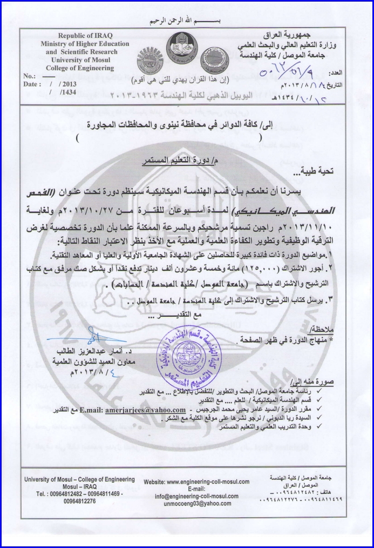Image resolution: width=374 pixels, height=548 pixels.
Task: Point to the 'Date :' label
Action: tap(32, 85)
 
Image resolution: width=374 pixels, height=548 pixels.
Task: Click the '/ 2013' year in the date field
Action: tap(63, 85)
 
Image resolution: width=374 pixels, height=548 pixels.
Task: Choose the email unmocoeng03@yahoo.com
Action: tap(197, 503)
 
